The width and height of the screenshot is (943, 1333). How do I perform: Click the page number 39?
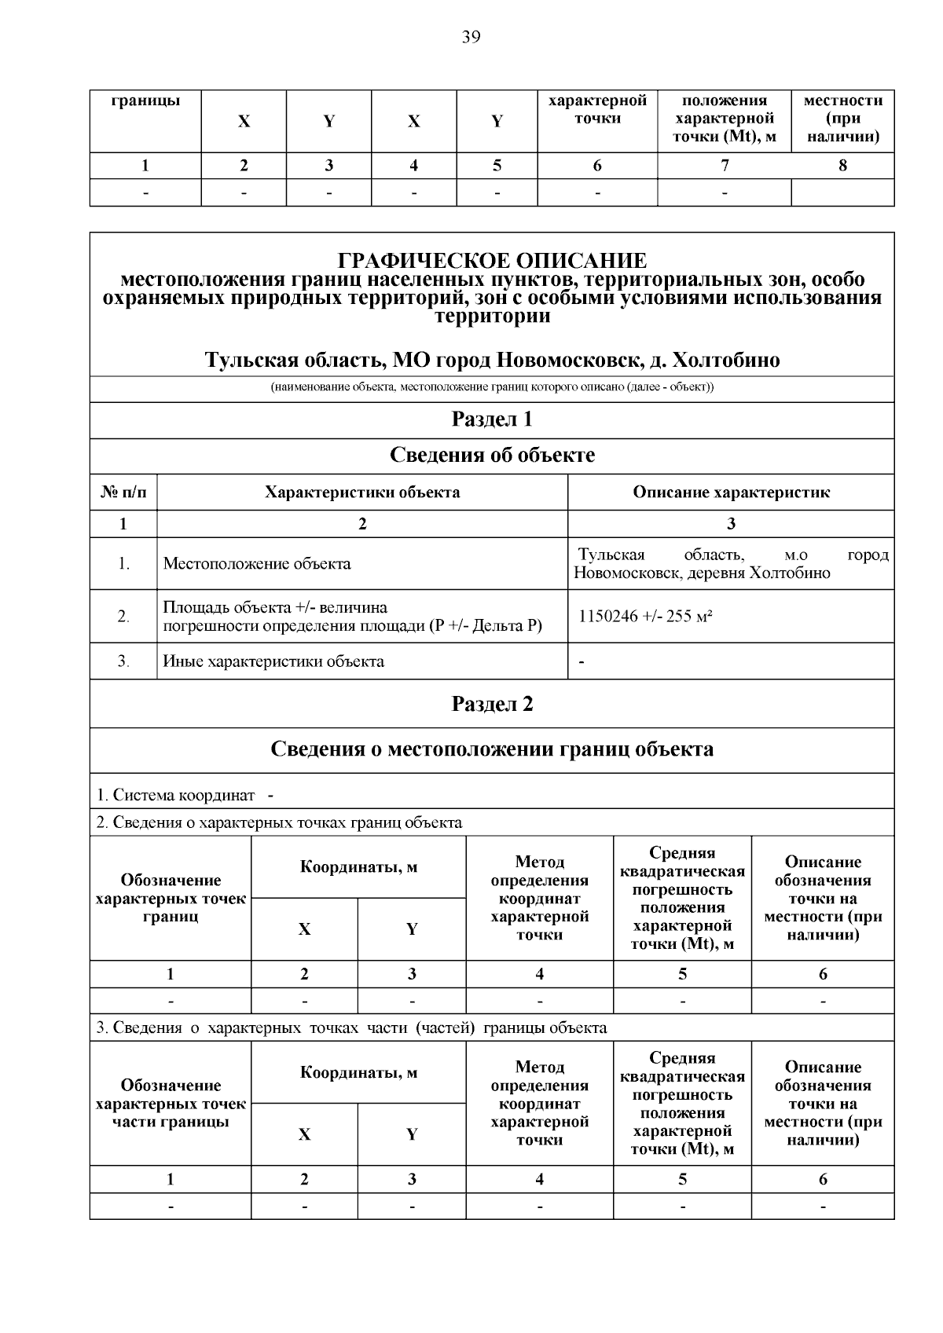click(471, 37)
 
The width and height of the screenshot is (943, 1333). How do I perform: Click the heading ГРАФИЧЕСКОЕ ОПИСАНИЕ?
click(492, 261)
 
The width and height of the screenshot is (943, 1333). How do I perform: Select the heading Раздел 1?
click(492, 419)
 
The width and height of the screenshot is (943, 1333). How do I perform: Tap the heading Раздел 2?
click(492, 704)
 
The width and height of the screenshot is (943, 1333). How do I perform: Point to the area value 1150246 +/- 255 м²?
click(645, 617)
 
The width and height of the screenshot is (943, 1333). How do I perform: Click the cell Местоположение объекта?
click(257, 564)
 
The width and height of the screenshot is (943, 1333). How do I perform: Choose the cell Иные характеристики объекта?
click(273, 661)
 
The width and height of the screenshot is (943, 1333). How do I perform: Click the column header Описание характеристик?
click(731, 493)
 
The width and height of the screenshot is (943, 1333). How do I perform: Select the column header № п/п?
click(123, 493)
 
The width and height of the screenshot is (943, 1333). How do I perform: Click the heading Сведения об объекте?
click(492, 456)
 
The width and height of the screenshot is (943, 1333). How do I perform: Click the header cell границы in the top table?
click(145, 101)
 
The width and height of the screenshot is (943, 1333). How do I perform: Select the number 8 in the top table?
click(842, 166)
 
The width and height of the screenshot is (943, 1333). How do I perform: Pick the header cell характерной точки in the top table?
click(597, 110)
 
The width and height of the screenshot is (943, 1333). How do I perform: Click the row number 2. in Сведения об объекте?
click(123, 617)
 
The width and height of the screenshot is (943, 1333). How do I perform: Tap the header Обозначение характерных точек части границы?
click(171, 1104)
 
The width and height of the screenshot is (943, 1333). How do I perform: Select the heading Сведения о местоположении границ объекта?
click(492, 749)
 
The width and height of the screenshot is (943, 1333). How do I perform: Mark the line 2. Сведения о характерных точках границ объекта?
click(279, 823)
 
